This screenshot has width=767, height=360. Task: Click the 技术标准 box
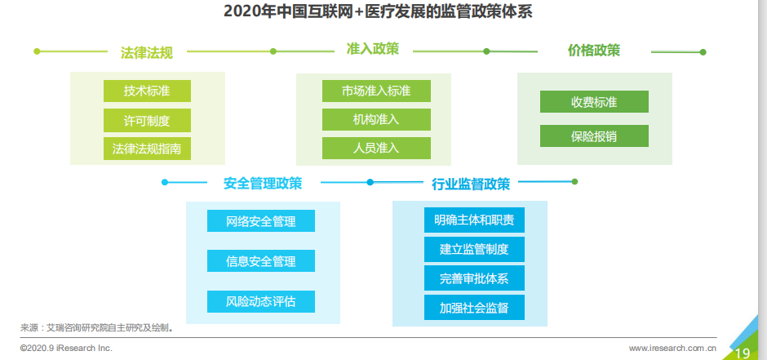147,91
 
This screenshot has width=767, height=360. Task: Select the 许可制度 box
147,120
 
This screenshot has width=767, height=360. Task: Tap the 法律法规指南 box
147,149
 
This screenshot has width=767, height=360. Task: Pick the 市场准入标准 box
376,91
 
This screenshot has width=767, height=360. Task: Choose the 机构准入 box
376,119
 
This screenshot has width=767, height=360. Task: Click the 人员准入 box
376,149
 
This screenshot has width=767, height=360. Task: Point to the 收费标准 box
594,102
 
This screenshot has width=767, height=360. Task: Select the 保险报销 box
594,136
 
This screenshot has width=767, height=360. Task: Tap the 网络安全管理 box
261,221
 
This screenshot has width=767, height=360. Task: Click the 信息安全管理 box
261,260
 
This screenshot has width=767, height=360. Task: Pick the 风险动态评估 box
261,301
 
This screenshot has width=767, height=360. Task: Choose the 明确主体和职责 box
474,220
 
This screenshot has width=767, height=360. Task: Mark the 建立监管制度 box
474,250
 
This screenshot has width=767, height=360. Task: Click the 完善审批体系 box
474,278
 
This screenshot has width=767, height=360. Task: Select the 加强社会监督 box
474,307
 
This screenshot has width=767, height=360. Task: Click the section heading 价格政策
594,51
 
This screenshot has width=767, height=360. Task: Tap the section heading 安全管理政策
263,183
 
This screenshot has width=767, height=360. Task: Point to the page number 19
743,353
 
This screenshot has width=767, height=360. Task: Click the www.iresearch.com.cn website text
672,349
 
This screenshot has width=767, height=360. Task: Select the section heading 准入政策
373,49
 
